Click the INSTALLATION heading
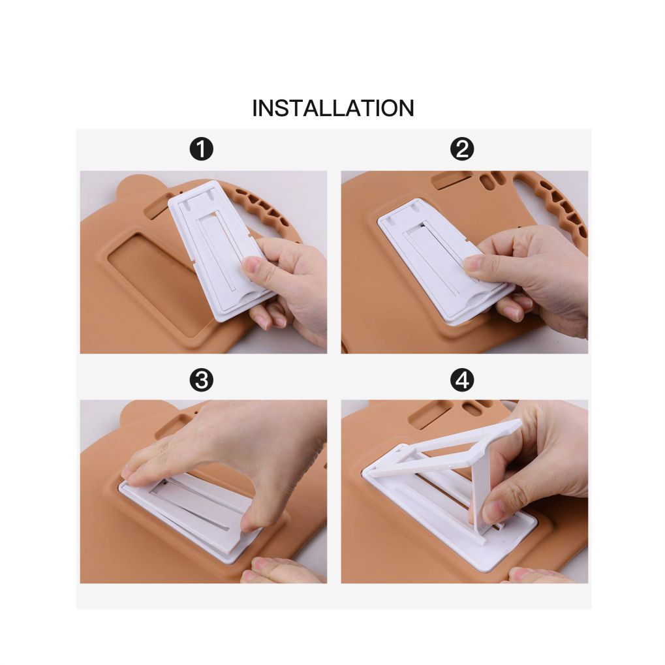click(x=333, y=108)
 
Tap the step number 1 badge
click(x=202, y=149)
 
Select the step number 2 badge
click(x=462, y=149)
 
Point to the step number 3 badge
click(x=202, y=380)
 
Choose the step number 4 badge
click(x=462, y=380)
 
